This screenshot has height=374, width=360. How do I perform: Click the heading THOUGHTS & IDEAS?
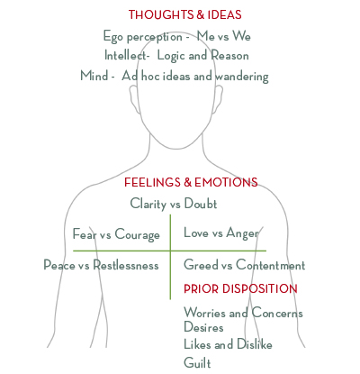[x=185, y=14]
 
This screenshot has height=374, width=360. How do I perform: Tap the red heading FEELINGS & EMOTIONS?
[x=191, y=182]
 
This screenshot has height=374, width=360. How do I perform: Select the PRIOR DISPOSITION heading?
[x=240, y=288]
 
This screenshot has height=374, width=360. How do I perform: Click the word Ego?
[x=113, y=37]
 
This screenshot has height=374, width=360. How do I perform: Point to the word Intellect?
[x=127, y=55]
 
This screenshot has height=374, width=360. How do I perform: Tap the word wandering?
[x=242, y=77]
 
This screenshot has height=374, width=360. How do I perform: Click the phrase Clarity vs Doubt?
[x=174, y=204]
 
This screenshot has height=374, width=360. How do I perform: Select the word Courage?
[x=138, y=234]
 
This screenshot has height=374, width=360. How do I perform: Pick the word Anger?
[x=242, y=233]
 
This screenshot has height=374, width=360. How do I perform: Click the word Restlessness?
[x=126, y=265]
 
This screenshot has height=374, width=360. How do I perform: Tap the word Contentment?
[x=271, y=265]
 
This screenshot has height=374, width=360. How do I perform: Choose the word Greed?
[x=201, y=265]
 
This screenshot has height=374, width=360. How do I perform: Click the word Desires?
[x=203, y=327]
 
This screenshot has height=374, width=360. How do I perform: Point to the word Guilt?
[x=197, y=362]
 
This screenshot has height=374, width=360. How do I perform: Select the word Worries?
[x=204, y=313]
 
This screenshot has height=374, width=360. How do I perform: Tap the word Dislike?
[x=255, y=344]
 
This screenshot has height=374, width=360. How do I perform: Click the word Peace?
[x=59, y=265]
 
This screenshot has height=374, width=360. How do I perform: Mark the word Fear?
[x=85, y=233]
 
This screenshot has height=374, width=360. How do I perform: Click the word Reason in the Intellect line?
[x=229, y=55]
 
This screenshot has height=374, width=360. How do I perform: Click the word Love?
[x=196, y=233]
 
